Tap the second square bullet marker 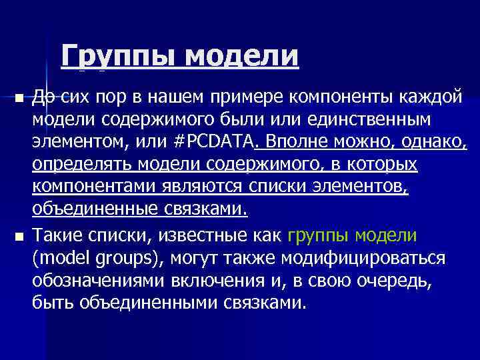point(19,237)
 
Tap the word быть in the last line point(52,303)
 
